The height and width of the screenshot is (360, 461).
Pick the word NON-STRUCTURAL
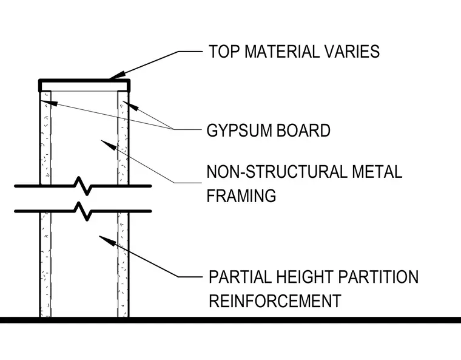tap(277, 172)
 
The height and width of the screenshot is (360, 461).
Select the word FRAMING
tap(241, 195)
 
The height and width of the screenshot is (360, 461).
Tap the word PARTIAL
tap(240, 277)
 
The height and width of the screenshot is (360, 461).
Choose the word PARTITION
tap(378, 277)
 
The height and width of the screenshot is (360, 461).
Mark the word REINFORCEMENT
tap(275, 301)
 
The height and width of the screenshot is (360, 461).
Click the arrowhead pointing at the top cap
tap(116, 75)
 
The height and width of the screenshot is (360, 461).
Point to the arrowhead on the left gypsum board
tap(49, 103)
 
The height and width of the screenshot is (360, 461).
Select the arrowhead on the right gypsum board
tap(130, 106)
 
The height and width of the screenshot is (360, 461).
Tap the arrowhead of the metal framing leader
tap(109, 145)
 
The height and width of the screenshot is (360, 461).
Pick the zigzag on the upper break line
tap(83, 186)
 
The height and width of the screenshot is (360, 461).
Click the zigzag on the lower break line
tap(83, 211)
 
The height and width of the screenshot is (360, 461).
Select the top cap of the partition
tap(84, 81)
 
